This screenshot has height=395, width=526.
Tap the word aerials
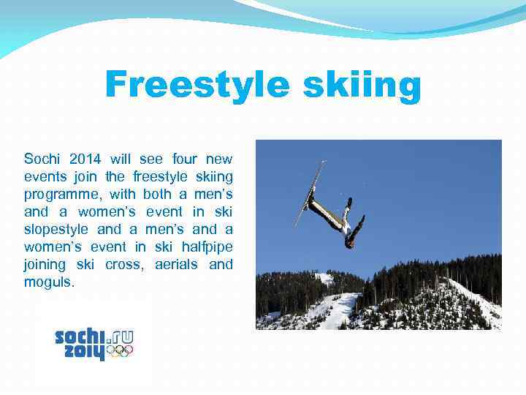click(176, 264)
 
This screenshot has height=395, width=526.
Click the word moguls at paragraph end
click(48, 282)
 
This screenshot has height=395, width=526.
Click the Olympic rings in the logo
click(120, 351)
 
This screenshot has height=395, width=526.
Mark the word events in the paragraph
click(45, 176)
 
